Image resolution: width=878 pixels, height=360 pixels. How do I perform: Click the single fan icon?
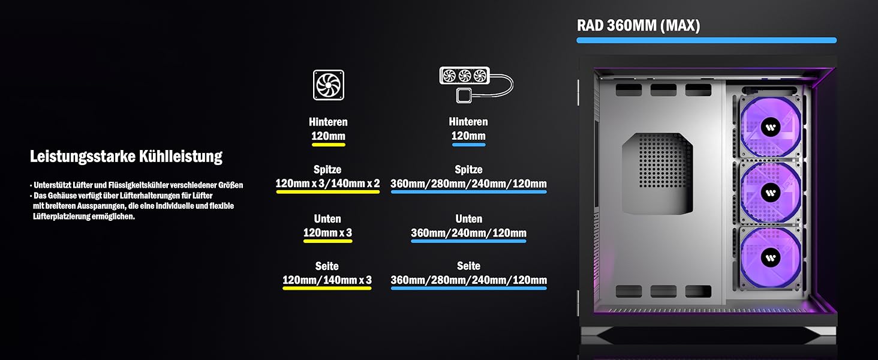point(328,85)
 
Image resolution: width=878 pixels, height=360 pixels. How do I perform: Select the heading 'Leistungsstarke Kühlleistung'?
point(126,157)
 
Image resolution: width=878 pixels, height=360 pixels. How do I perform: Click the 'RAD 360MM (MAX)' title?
point(638,26)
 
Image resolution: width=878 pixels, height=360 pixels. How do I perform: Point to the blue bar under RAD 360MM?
point(706,40)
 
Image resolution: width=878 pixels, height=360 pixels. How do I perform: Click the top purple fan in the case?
point(770,127)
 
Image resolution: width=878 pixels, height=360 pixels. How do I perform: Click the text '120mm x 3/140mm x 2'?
point(327,184)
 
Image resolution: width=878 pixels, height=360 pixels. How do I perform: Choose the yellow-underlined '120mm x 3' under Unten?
point(327,233)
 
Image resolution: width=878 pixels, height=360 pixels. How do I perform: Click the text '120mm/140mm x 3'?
point(327,280)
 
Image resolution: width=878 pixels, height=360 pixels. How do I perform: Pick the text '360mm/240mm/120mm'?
point(468,233)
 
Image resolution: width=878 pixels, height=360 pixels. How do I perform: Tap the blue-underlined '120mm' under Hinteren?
point(468,136)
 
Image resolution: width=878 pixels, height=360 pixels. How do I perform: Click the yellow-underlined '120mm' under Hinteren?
point(328,136)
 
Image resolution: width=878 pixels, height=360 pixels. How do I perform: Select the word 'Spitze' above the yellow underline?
point(327,170)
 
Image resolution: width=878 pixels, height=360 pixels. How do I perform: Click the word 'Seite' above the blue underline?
point(468,266)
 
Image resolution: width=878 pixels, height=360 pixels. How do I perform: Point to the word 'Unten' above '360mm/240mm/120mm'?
point(468,219)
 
